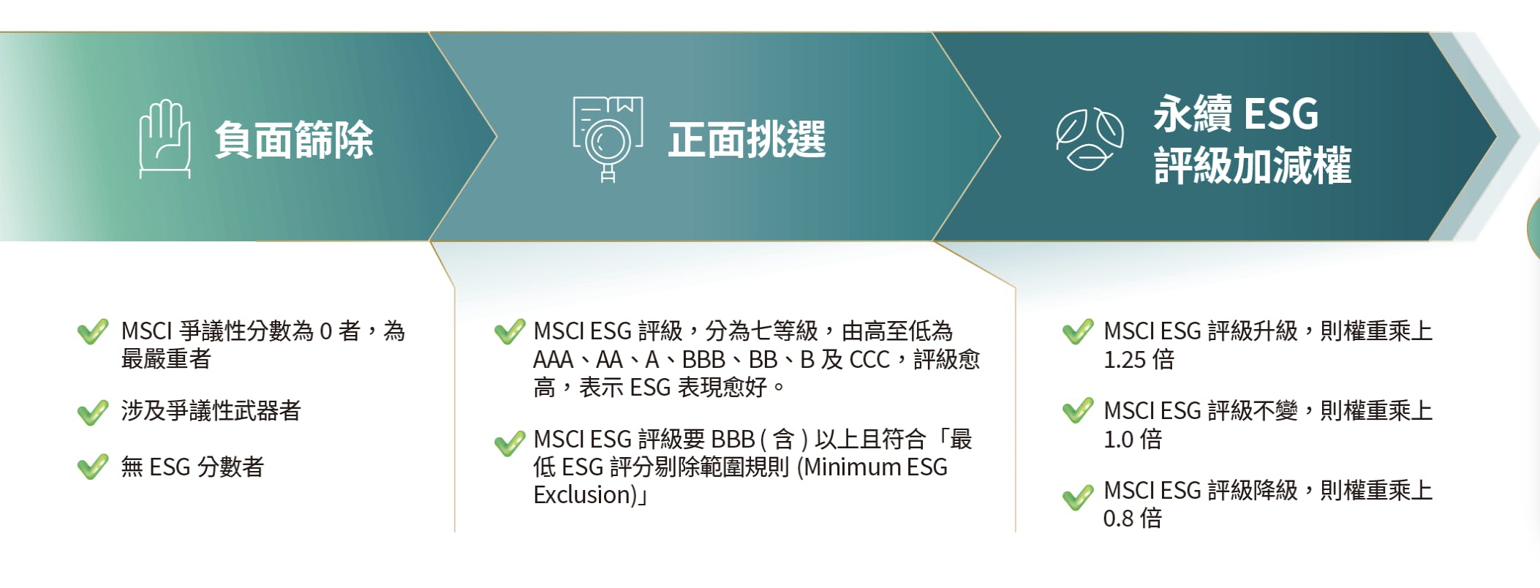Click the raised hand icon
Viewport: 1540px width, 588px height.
click(x=165, y=138)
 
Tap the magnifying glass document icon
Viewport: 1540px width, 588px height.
click(x=607, y=138)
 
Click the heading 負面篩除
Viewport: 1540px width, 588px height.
click(x=294, y=140)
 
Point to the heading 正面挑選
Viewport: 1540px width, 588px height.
click(x=747, y=140)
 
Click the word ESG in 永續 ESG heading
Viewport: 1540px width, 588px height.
click(x=1280, y=114)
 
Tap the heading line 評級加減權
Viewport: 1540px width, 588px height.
click(x=1252, y=165)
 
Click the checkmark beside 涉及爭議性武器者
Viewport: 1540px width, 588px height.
click(x=93, y=412)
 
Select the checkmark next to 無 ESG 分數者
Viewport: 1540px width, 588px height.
click(x=93, y=467)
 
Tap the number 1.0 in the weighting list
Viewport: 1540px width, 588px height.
click(x=1118, y=440)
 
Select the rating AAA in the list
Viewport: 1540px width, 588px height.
click(x=553, y=360)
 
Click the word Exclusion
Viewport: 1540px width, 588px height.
click(x=582, y=495)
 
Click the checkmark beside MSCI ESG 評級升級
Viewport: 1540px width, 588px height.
click(x=1078, y=332)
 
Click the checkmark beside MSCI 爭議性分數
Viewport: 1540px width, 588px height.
click(x=93, y=332)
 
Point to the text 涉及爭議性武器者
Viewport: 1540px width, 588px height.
click(x=211, y=411)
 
